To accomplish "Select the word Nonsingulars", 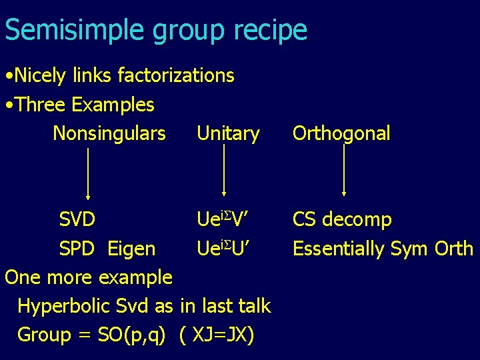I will click(109, 133).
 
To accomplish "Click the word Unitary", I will click(228, 133).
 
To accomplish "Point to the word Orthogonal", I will click(341, 133).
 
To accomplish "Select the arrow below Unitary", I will click(224, 170).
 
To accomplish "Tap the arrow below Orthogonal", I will click(343, 170).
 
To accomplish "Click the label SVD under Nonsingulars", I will click(77, 219).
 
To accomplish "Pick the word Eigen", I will click(131, 249).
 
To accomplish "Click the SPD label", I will click(77, 249).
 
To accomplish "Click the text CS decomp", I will click(342, 219).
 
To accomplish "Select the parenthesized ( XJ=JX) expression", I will click(217, 335).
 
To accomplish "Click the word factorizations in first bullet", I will click(175, 75).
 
